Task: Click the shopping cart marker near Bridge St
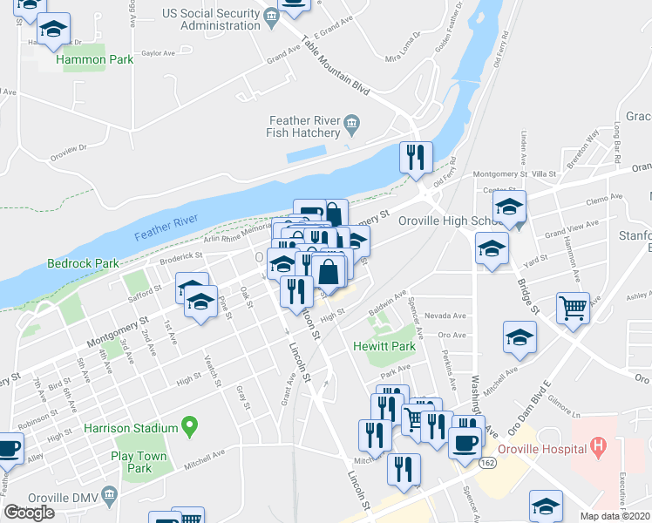(573, 309)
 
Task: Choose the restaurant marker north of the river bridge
(416, 158)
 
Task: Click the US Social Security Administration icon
(271, 17)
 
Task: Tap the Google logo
(29, 513)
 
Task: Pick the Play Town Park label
(132, 462)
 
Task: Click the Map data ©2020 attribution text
(615, 516)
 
